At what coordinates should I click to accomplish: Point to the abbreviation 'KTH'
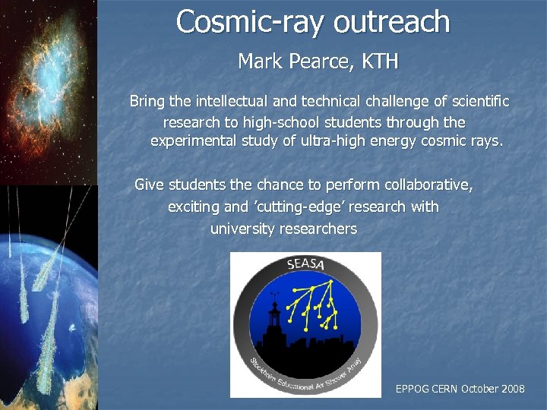click(379, 61)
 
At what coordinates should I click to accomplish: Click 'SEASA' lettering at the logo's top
click(305, 265)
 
